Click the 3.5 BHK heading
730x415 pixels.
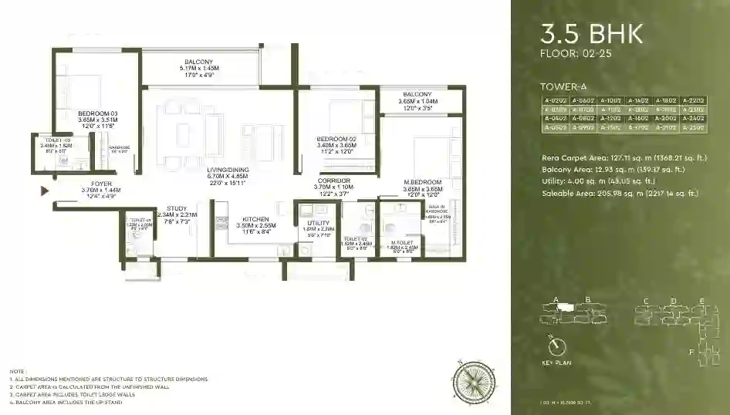(x=592, y=34)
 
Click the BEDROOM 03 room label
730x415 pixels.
(x=97, y=113)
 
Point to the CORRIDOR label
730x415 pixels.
(x=333, y=181)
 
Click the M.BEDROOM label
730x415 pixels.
(x=421, y=181)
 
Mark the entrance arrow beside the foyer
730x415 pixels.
(x=45, y=190)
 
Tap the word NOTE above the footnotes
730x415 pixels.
(x=17, y=372)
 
